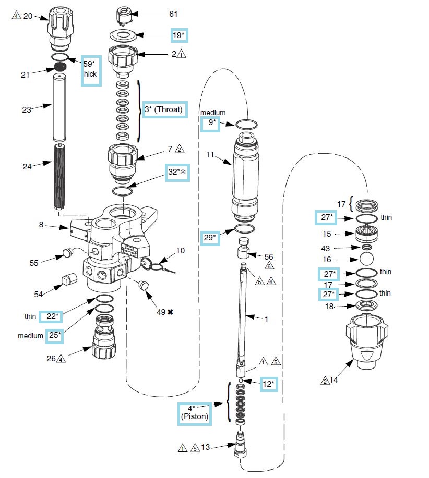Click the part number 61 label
[174, 14]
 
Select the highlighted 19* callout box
[178, 35]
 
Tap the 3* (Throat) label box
[164, 109]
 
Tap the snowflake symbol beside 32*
[184, 172]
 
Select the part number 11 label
[211, 155]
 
